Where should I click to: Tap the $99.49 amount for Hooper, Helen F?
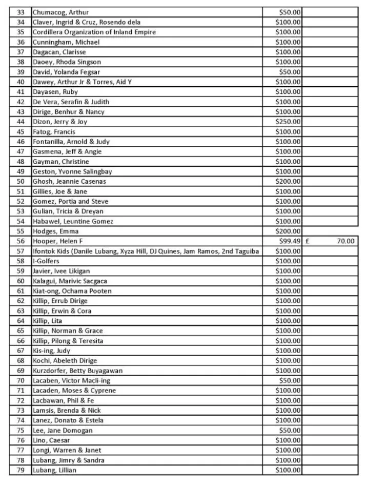pyautogui.click(x=290, y=241)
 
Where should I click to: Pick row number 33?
pyautogui.click(x=21, y=12)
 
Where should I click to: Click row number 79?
pyautogui.click(x=21, y=470)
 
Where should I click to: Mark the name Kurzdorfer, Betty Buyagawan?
pyautogui.click(x=77, y=371)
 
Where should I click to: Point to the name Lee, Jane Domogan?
pyautogui.click(x=63, y=430)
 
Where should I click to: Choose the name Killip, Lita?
pyautogui.click(x=48, y=321)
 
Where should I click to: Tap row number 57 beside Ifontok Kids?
pyautogui.click(x=21, y=251)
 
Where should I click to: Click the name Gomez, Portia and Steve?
pyautogui.click(x=70, y=202)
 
